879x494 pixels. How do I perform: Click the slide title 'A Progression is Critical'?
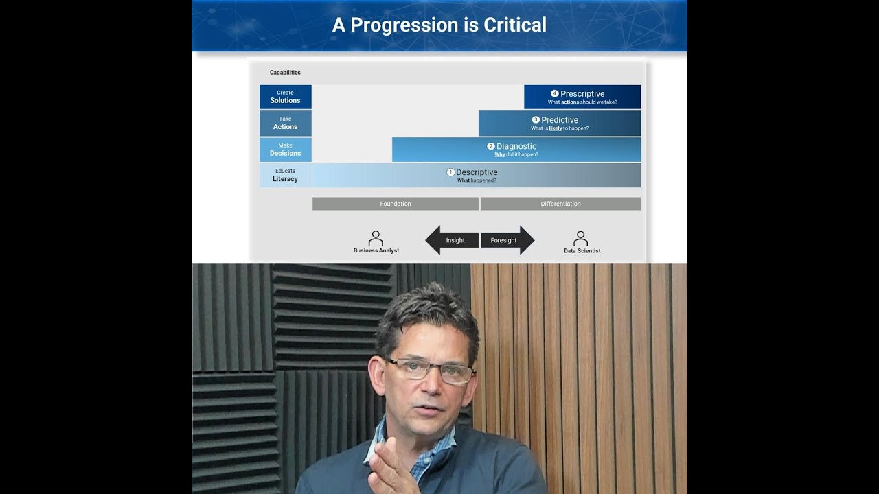tap(439, 25)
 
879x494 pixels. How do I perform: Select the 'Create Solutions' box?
tap(285, 97)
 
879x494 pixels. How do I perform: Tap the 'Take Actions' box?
tap(285, 123)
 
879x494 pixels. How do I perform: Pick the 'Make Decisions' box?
tap(285, 150)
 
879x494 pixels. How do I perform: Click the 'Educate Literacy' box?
tap(285, 176)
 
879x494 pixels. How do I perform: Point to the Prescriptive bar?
tap(582, 97)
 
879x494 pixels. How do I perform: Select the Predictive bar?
tap(560, 123)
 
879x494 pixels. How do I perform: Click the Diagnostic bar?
tap(516, 150)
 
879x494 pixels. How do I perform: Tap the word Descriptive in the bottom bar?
tap(477, 172)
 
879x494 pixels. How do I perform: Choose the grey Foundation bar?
tap(396, 204)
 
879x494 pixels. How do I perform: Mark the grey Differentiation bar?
tap(560, 204)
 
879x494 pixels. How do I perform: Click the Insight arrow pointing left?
tap(451, 240)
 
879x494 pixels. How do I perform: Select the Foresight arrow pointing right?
tap(507, 240)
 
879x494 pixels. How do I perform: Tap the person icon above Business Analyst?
tap(376, 238)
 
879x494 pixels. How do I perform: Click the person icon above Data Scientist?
tap(581, 238)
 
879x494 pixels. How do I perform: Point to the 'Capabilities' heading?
tap(285, 73)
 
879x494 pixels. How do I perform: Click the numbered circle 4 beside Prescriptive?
tap(555, 93)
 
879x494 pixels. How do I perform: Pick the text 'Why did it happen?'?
tap(516, 155)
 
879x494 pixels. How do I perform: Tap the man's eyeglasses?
tap(429, 371)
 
